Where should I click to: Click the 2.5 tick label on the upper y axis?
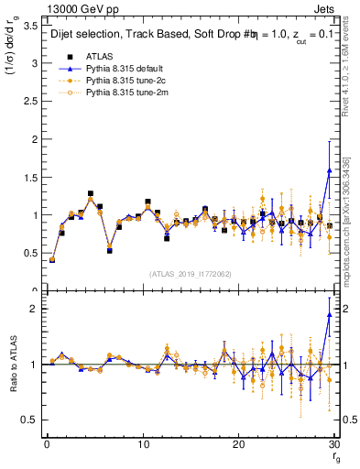tap(29, 102)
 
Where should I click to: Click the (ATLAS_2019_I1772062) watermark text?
tap(190, 275)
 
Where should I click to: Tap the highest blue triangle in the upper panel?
tap(329, 170)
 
